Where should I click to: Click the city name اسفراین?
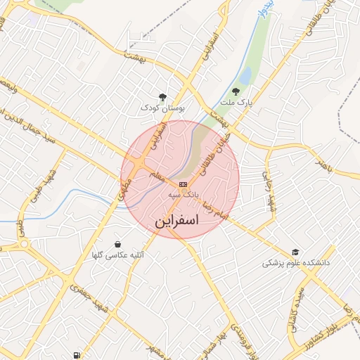[x=177, y=220]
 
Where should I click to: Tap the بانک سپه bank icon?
[x=183, y=184]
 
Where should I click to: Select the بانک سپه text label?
[x=184, y=193]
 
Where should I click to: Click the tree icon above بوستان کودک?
[x=162, y=98]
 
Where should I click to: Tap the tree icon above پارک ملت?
[x=236, y=92]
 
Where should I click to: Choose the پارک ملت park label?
[x=236, y=103]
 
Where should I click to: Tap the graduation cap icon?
[x=295, y=252]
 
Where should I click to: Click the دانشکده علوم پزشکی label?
[x=296, y=262]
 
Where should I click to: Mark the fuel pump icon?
[x=75, y=356]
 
